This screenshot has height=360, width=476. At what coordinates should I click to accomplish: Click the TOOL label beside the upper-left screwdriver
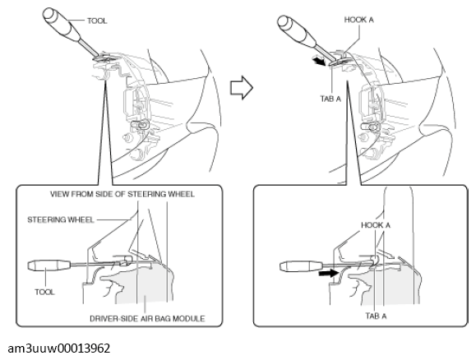pyautogui.click(x=97, y=21)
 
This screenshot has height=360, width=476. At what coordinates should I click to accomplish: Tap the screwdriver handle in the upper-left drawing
pyautogui.click(x=62, y=25)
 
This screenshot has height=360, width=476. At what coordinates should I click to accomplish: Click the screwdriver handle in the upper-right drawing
pyautogui.click(x=297, y=30)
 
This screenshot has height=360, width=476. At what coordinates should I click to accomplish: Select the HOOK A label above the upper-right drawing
pyautogui.click(x=358, y=20)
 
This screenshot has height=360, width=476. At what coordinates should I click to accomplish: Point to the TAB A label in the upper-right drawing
pyautogui.click(x=330, y=99)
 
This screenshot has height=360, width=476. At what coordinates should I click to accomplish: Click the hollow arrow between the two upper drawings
pyautogui.click(x=242, y=87)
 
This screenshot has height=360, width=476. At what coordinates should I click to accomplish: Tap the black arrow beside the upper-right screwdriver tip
pyautogui.click(x=319, y=60)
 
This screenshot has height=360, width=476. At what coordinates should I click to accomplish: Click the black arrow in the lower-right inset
pyautogui.click(x=329, y=274)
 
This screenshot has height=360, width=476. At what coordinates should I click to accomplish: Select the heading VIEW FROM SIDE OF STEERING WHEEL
pyautogui.click(x=122, y=194)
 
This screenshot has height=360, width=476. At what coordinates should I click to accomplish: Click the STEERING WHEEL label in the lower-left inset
pyautogui.click(x=60, y=219)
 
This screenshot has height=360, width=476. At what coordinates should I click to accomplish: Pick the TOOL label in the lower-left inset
pyautogui.click(x=44, y=292)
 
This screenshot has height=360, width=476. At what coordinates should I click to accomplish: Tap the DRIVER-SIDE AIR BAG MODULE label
pyautogui.click(x=147, y=319)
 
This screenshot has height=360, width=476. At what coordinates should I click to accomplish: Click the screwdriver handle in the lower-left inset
pyautogui.click(x=49, y=265)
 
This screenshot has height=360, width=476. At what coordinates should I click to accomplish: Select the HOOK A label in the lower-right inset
pyautogui.click(x=376, y=225)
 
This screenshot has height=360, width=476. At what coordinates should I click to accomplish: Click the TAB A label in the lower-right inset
pyautogui.click(x=376, y=316)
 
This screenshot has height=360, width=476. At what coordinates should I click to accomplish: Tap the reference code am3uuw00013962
pyautogui.click(x=59, y=348)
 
